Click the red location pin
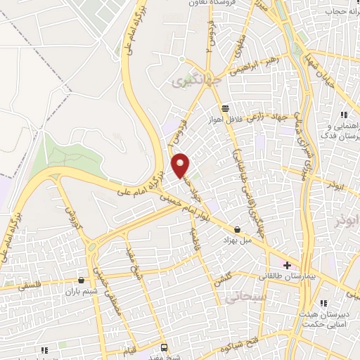pos(181,165)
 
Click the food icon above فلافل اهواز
pos(224,108)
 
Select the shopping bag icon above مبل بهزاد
pos(237,229)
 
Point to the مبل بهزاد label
pos(237,240)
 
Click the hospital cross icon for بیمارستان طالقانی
pos(287,265)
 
